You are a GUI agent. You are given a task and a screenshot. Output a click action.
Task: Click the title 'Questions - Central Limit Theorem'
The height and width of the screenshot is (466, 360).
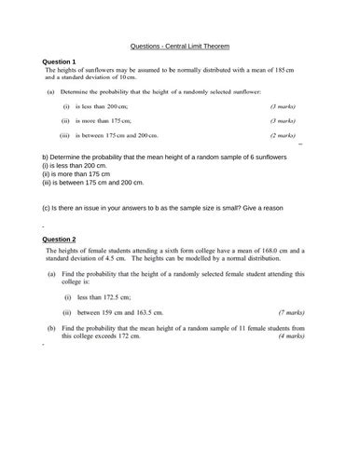(180, 46)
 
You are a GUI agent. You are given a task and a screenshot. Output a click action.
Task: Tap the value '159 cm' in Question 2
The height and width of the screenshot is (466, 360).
(113, 312)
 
